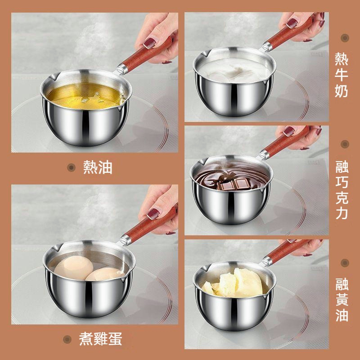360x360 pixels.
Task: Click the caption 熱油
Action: (x=98, y=167)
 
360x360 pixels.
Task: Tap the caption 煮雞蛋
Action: (x=100, y=339)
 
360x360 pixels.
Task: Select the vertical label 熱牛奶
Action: (x=342, y=75)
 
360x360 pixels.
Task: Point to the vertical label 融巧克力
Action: (x=342, y=190)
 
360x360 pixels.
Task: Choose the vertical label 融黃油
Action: (x=342, y=300)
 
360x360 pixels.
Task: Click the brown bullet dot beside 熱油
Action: (x=72, y=167)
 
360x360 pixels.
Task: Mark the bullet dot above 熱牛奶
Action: (x=345, y=38)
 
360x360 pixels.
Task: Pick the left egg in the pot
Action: (x=74, y=267)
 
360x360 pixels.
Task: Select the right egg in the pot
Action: (x=105, y=274)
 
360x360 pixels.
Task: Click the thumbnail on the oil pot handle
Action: (x=150, y=43)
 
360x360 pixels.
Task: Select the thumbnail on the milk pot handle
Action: (x=292, y=23)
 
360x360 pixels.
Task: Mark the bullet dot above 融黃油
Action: (x=345, y=263)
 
